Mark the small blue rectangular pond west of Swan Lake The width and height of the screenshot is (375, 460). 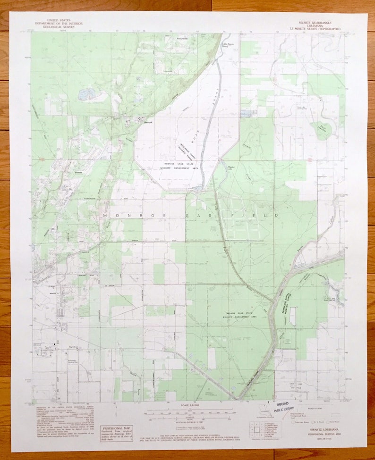pyautogui.click(x=247, y=114)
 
